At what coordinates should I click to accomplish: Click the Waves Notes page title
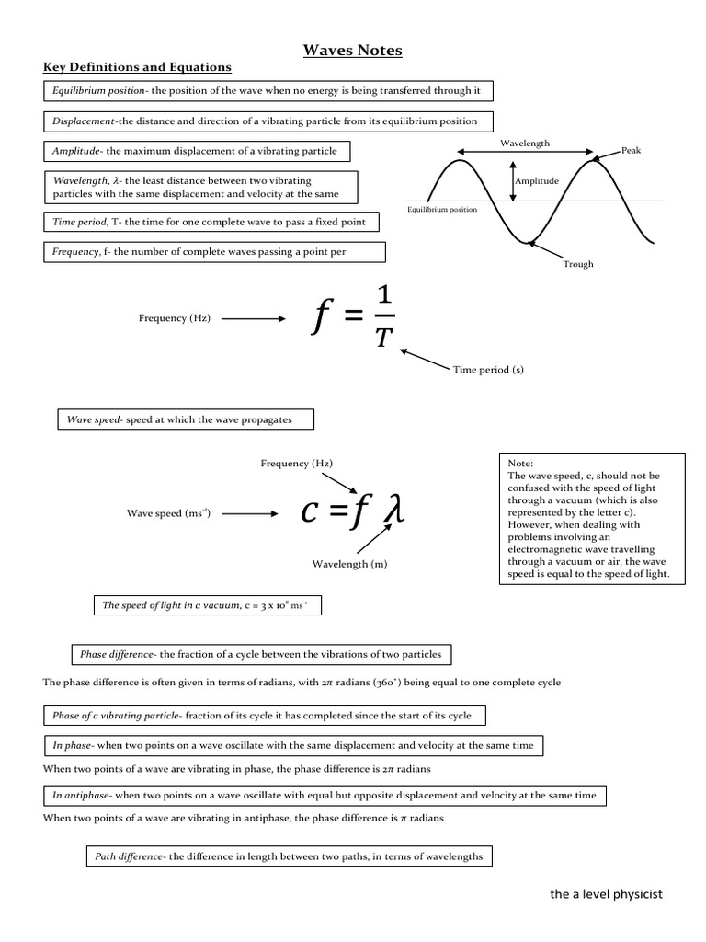[353, 51]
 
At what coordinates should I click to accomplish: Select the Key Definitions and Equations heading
[138, 67]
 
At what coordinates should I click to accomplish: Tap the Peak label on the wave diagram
[632, 150]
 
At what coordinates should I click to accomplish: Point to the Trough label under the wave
[578, 264]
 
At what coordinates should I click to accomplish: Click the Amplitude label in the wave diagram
[536, 181]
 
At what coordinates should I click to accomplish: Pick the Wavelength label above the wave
[525, 144]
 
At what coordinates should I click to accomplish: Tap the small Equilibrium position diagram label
[442, 210]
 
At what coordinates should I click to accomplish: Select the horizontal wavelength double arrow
[525, 153]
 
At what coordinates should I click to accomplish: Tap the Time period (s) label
[487, 370]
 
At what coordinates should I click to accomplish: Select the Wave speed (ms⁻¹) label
[168, 513]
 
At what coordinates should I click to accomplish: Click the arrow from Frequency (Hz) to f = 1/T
[254, 318]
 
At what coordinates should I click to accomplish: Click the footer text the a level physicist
[605, 894]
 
